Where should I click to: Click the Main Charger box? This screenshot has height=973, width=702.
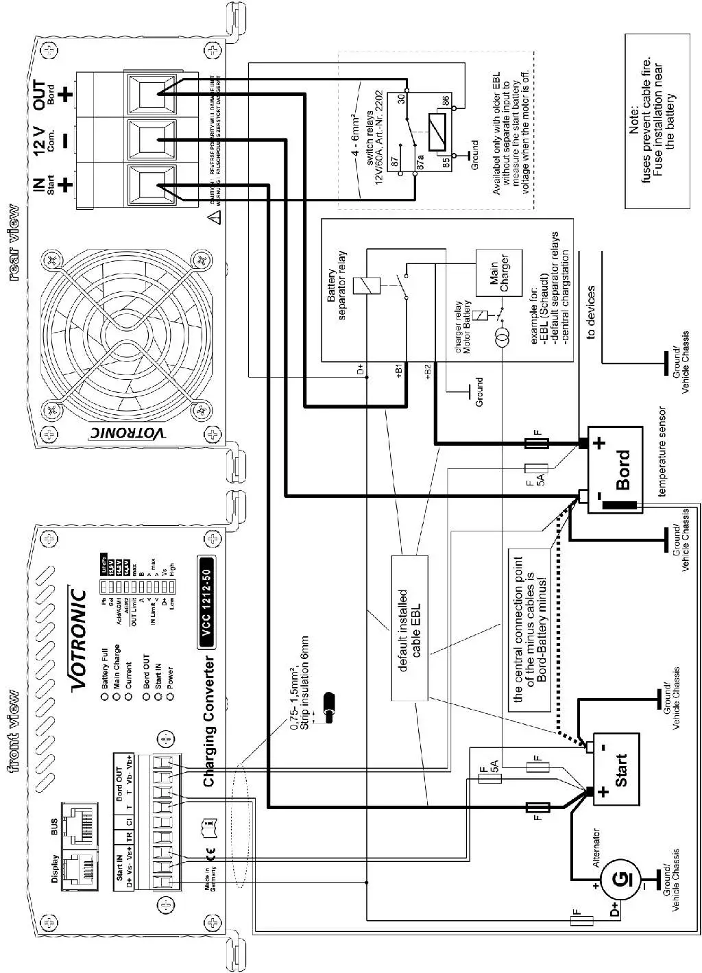498,273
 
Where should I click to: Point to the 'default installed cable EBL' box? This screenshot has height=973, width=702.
409,627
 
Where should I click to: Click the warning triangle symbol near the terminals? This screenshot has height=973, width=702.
215,218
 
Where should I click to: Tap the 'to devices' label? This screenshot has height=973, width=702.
590,313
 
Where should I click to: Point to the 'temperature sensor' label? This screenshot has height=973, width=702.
662,452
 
